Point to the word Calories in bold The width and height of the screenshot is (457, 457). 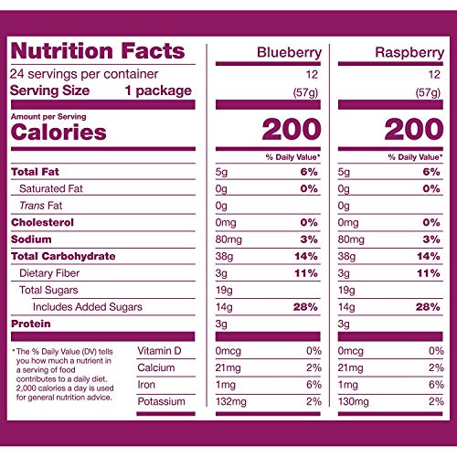tap(58, 133)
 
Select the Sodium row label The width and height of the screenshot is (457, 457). tap(30, 239)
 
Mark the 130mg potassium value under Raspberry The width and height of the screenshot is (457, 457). tap(356, 402)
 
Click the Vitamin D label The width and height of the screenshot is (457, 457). tap(160, 352)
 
